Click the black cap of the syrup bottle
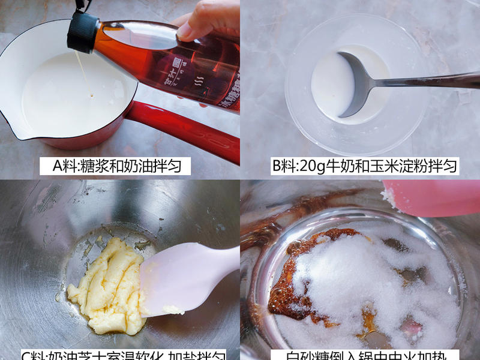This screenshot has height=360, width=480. tap(83, 31)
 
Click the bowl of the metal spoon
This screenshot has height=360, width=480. tap(354, 84)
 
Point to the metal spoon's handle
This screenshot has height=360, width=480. tap(432, 80)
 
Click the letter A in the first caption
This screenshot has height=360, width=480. tap(58, 166)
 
